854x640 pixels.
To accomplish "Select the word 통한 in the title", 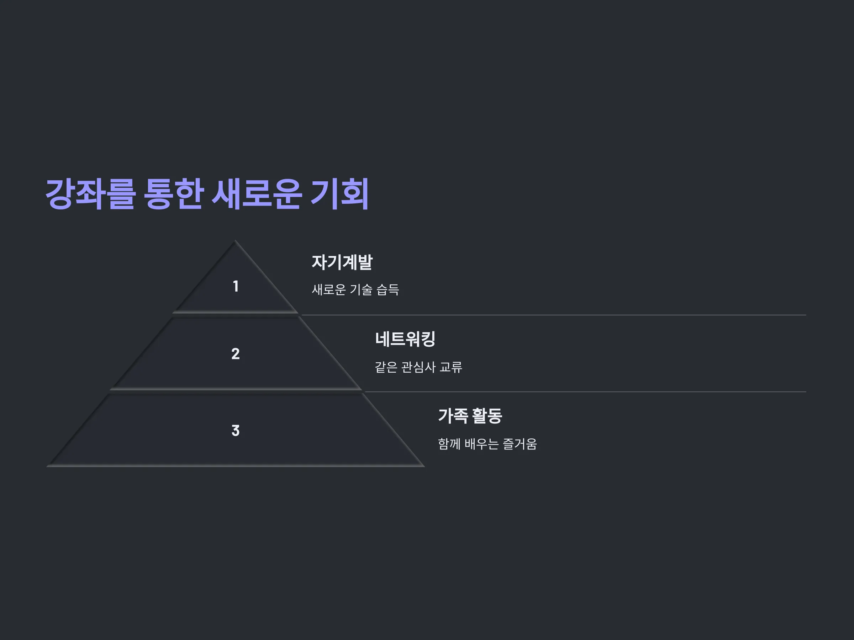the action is [x=173, y=194].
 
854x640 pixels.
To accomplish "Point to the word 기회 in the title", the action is [x=340, y=194].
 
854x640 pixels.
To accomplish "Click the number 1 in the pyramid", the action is [x=236, y=286].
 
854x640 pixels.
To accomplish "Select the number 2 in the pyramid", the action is [x=236, y=354].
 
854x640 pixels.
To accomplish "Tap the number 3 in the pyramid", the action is [x=236, y=431].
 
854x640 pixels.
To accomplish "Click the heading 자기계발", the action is [x=342, y=262].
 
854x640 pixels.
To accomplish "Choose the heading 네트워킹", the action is [x=405, y=339].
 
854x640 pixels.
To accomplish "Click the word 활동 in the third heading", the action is [x=487, y=416].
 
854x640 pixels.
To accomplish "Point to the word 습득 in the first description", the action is [x=388, y=289].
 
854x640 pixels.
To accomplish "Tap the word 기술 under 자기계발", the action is [x=361, y=289].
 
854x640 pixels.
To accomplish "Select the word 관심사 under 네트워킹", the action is [x=418, y=367].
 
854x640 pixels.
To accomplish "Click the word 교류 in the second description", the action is [x=451, y=367].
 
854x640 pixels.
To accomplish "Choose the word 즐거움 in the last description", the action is [x=520, y=444].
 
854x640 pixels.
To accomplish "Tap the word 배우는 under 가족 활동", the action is [x=481, y=444].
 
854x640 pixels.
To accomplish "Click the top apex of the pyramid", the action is [x=235, y=240].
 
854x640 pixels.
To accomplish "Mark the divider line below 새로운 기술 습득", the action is [x=554, y=315].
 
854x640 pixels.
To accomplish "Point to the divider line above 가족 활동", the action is [x=585, y=392].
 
